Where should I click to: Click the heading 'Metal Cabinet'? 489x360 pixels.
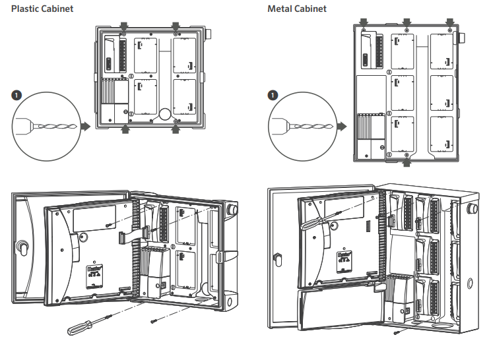(x=297, y=9)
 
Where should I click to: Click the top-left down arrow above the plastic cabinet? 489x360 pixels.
(x=123, y=26)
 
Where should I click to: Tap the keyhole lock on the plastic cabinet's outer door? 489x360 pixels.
(x=20, y=249)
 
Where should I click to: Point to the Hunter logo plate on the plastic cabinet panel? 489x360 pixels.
(x=92, y=272)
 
